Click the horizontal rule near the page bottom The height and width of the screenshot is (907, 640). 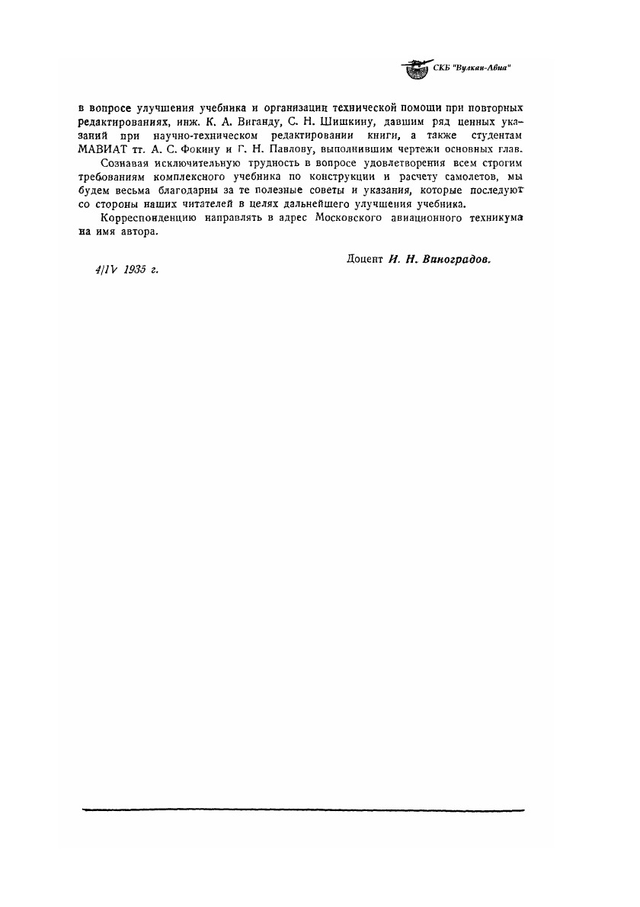(302, 810)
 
